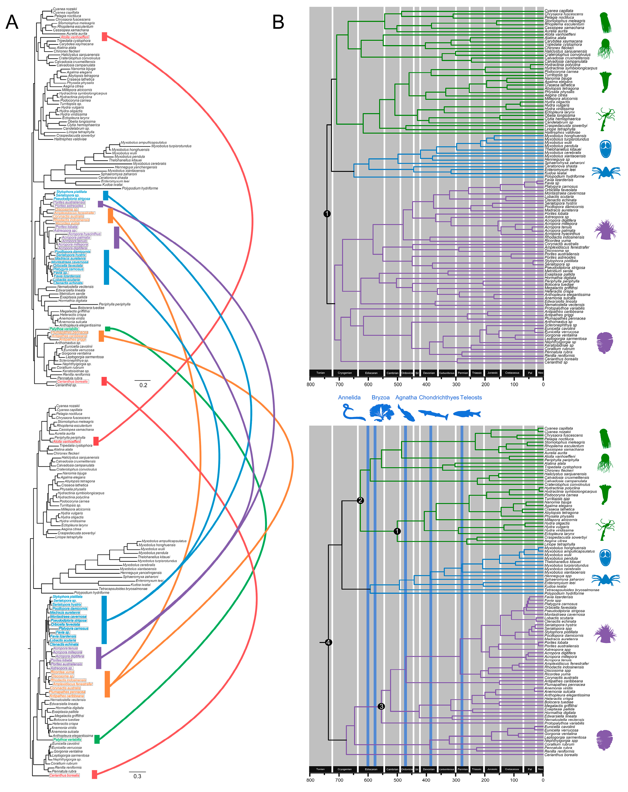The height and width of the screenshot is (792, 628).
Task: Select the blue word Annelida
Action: [349, 397]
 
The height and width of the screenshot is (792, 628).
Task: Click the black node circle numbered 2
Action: [360, 500]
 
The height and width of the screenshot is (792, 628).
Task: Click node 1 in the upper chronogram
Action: [327, 213]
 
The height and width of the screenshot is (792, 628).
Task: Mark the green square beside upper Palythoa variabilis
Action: [107, 329]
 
